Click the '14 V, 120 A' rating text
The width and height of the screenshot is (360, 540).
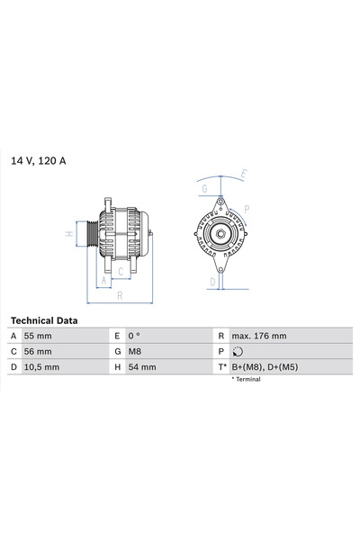point(39,161)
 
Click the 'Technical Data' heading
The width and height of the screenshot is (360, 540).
point(44,320)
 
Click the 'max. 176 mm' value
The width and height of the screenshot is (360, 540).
point(260,336)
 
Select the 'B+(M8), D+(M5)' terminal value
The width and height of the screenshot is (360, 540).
point(267,367)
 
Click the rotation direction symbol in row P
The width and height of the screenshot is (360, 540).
point(237,352)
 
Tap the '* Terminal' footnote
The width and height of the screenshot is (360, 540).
point(246,380)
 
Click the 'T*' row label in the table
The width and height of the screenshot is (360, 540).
point(220,367)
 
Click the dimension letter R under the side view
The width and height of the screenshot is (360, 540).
point(120,295)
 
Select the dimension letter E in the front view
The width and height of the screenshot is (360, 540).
point(245,174)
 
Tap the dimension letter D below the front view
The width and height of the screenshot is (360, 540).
point(212,282)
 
